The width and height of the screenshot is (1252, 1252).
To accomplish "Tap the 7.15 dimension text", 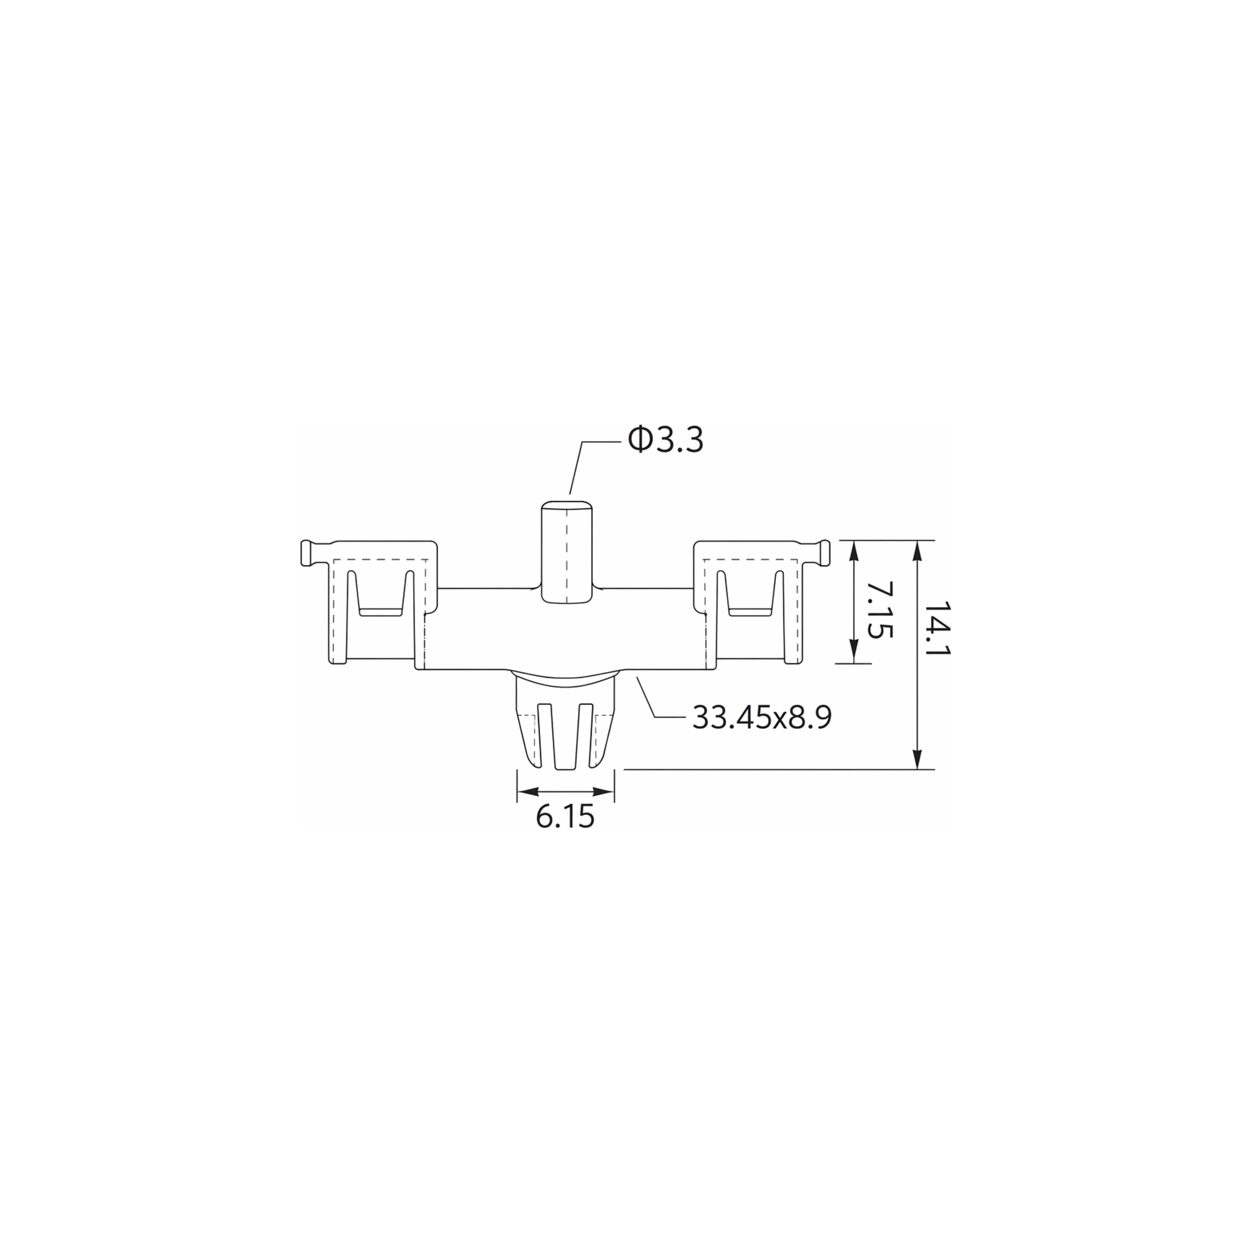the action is tap(879, 609).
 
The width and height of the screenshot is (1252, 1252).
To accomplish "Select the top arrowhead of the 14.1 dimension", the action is tap(917, 552).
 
